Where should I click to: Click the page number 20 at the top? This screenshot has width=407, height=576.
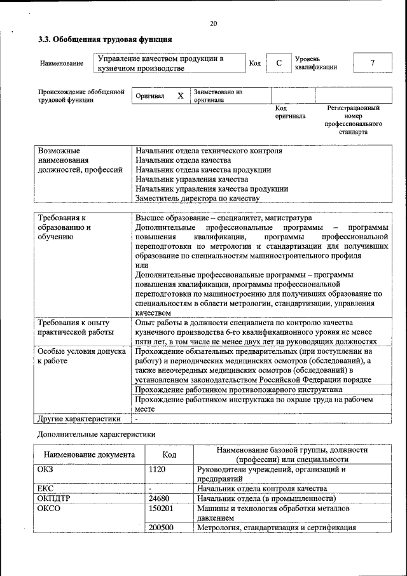(x=213, y=24)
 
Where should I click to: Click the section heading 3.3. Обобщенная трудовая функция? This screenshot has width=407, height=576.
(x=104, y=39)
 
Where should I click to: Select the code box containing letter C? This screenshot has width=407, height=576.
(x=279, y=63)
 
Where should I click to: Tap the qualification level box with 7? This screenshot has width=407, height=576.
(x=372, y=63)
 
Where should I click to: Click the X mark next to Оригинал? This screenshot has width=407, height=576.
(x=180, y=96)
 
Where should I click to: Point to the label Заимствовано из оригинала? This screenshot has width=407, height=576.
(x=218, y=96)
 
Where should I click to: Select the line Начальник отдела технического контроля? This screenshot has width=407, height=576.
(x=209, y=151)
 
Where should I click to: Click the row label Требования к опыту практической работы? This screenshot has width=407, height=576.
(x=75, y=328)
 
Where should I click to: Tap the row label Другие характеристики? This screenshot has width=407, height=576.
(x=79, y=419)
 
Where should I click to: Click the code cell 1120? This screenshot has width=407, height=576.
(x=157, y=470)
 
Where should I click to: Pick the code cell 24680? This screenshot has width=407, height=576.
(x=159, y=498)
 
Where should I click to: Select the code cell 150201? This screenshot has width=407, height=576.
(x=161, y=509)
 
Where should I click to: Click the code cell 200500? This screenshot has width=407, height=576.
(x=161, y=527)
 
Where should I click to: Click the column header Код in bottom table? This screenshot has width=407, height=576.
(x=169, y=454)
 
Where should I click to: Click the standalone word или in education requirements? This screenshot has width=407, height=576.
(x=142, y=265)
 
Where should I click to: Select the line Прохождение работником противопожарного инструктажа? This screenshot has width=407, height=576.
(x=239, y=390)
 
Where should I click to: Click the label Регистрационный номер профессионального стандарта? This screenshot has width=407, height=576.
(x=353, y=121)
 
